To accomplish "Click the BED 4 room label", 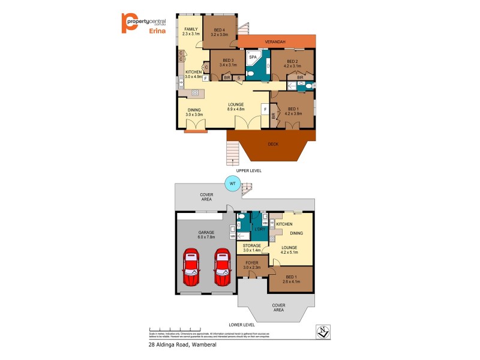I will pos(219,32).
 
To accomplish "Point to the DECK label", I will pos(272,144).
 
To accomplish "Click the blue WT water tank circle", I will pos(232,184).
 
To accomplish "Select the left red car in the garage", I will pos(191,268).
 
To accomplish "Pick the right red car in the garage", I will pos(223,268).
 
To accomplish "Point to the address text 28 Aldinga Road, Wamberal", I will pos(182,345).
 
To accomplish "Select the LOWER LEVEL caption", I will pos(244,325).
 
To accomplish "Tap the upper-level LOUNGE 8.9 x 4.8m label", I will pos(236,107).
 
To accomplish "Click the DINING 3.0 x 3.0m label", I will pos(194,112).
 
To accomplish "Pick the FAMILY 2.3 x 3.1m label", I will pos(191,31).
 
